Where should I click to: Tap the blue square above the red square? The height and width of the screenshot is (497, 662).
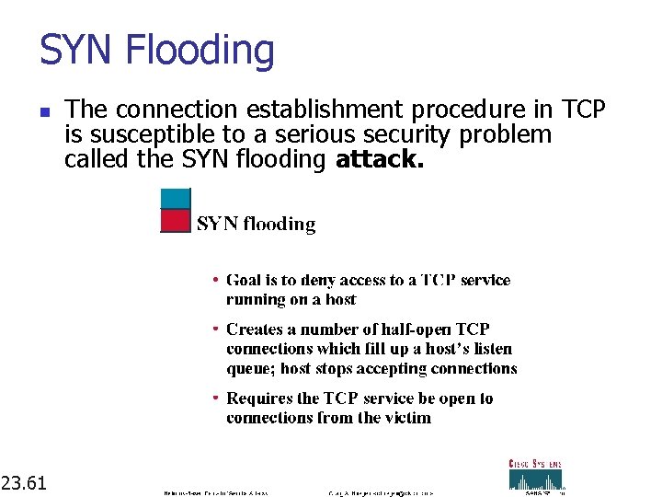pos(175,198)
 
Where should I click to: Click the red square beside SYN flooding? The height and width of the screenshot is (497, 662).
pos(175,221)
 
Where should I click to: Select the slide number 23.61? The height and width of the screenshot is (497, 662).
pos(25,481)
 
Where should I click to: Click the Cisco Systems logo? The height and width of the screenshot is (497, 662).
pos(536,474)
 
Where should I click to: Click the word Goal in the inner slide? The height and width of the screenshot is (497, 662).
pos(244,280)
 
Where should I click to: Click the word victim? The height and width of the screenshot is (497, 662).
pos(406,418)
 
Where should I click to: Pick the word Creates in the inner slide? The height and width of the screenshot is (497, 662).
pos(256,329)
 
